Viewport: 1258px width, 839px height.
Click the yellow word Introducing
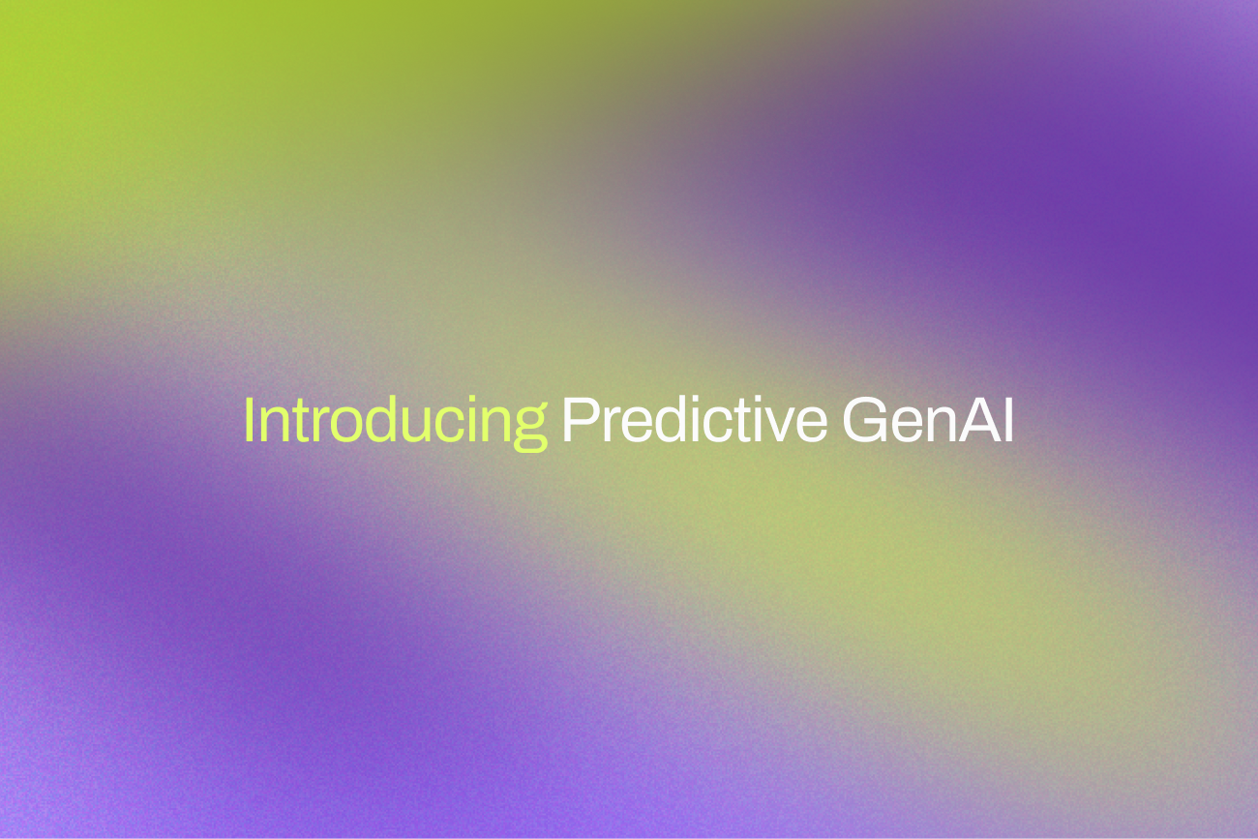coord(395,422)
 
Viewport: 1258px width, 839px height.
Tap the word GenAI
coord(927,422)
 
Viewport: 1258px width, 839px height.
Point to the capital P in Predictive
coord(578,422)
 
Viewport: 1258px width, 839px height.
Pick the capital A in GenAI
coord(977,422)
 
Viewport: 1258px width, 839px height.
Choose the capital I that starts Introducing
coord(249,422)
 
